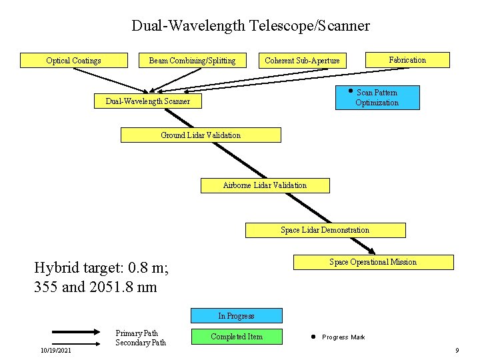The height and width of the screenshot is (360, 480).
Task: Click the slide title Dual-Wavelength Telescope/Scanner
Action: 250,26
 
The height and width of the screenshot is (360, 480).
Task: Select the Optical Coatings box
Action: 74,61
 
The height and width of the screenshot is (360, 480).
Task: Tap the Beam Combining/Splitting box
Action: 192,61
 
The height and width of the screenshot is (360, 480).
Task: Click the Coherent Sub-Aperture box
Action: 302,61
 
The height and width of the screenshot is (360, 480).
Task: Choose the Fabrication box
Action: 407,60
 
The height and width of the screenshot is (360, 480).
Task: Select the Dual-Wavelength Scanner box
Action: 148,101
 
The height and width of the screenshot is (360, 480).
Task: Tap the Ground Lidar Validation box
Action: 201,135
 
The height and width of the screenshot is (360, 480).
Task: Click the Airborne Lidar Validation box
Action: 265,185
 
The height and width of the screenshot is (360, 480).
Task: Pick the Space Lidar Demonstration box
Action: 325,230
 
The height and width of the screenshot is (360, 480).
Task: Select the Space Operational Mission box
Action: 373,262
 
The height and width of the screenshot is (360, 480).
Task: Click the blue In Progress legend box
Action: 237,316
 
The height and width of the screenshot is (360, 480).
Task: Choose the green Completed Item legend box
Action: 237,337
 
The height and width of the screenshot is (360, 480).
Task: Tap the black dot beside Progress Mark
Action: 312,337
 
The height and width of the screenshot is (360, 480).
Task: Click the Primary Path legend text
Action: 137,333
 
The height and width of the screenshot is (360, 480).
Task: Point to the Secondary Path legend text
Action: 141,343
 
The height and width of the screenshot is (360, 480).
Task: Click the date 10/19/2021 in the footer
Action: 56,350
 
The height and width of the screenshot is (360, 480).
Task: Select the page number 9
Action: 457,350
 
